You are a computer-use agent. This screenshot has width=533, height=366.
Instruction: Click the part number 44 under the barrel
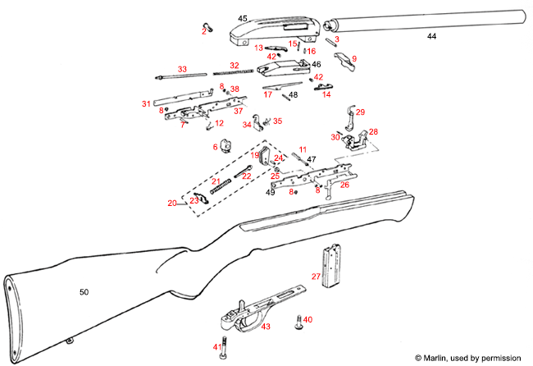(431, 37)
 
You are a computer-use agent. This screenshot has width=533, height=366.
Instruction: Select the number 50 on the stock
(84, 291)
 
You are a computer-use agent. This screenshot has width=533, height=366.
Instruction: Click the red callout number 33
(182, 69)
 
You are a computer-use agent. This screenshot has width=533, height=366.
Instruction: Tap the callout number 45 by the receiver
(243, 18)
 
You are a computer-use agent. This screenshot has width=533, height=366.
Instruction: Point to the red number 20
(172, 203)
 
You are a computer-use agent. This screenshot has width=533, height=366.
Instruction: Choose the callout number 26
(344, 185)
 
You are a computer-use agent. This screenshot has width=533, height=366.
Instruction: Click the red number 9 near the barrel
(354, 58)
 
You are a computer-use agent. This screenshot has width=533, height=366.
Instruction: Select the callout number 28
(373, 131)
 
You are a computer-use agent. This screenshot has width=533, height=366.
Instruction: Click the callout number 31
(146, 104)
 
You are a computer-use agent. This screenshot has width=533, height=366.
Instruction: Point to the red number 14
(326, 94)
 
